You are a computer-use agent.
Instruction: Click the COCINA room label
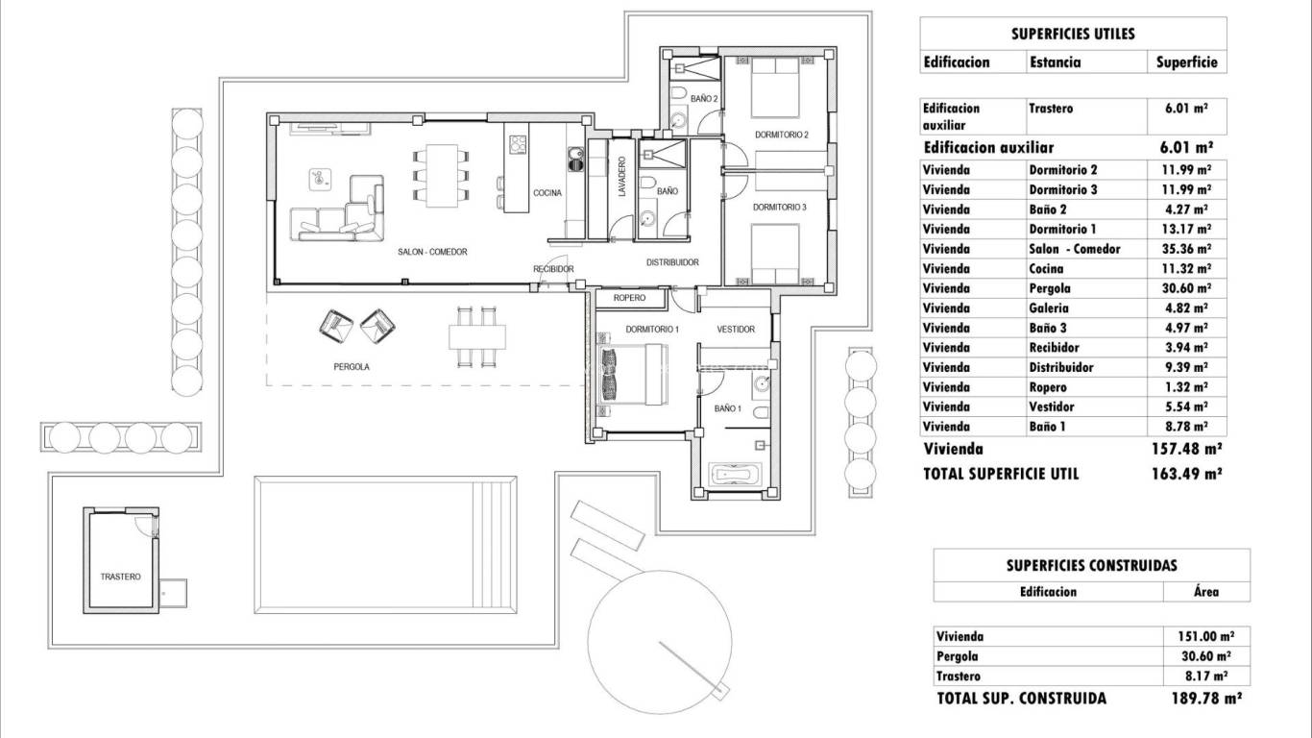[547, 193]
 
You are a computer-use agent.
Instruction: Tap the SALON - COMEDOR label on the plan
[432, 252]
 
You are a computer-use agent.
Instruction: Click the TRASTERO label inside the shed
[120, 577]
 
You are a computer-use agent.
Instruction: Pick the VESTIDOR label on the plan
[736, 330]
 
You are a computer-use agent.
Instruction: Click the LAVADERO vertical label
[622, 178]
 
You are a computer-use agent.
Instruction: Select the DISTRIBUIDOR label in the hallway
[671, 262]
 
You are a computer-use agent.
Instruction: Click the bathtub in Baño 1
[734, 474]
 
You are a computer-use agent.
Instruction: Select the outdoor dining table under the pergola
[477, 336]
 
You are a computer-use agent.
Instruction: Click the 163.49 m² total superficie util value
[1185, 474]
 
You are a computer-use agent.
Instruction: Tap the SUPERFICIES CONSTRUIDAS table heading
[1091, 566]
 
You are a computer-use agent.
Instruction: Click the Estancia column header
[1055, 62]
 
